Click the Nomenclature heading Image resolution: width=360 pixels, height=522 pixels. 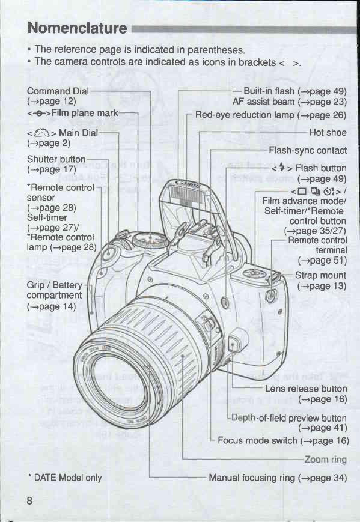[77, 28]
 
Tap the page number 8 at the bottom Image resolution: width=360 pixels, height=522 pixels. [29, 500]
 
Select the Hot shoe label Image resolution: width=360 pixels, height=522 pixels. [328, 133]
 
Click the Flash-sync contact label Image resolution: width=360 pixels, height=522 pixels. [308, 151]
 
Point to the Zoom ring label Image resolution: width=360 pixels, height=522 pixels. [326, 460]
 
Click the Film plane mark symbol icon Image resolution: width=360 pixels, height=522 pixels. [39, 114]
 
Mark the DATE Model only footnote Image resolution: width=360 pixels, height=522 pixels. [65, 478]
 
